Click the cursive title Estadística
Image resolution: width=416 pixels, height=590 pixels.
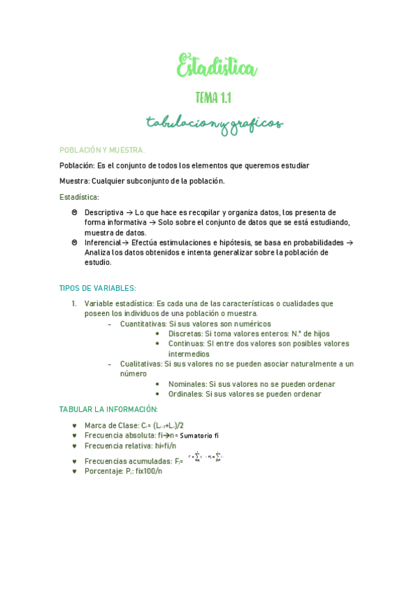(217, 67)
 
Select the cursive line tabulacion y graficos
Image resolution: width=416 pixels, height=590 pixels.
(215, 124)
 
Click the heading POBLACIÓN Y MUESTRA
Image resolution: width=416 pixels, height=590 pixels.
(102, 150)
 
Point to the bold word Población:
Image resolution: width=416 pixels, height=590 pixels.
(77, 166)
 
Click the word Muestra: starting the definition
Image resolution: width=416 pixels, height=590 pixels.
(74, 181)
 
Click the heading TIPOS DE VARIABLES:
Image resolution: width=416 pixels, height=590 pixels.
(97, 288)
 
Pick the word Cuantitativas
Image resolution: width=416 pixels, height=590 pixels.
(143, 324)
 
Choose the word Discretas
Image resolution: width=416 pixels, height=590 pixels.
(185, 334)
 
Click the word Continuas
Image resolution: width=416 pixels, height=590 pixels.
(186, 344)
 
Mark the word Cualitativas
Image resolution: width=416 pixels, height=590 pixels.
(141, 364)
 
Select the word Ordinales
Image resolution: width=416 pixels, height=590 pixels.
(185, 394)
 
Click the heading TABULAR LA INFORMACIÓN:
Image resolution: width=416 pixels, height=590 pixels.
(108, 409)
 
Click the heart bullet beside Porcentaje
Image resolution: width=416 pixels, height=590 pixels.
(74, 471)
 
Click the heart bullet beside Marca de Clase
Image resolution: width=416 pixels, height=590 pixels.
(74, 425)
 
